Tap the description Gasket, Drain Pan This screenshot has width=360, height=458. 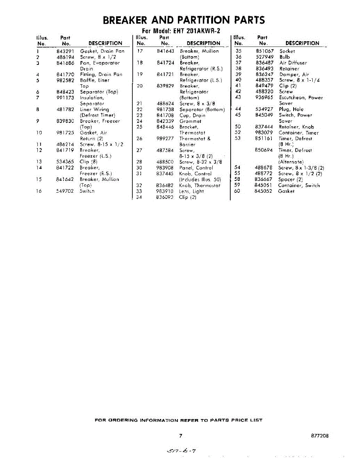tap(102, 51)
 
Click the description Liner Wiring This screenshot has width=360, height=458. tap(94, 110)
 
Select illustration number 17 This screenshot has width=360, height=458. tap(139, 51)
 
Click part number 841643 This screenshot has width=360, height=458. tap(165, 51)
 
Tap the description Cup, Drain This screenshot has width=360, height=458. tap(192, 115)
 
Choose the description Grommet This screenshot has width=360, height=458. tap(190, 121)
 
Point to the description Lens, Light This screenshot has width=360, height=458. tap(192, 191)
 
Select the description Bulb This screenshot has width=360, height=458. tap(285, 57)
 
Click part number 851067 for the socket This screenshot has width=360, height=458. tap(265, 51)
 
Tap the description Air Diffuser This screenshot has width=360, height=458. tap(293, 63)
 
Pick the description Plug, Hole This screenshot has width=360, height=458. tap(291, 109)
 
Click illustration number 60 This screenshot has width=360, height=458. tap(237, 191)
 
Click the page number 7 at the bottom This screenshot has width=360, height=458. tap(180, 436)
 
